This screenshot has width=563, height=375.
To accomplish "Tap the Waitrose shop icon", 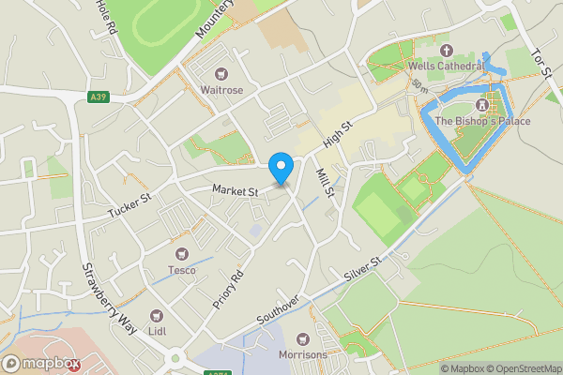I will [x=221, y=73].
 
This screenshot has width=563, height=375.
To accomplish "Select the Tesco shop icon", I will [x=182, y=254].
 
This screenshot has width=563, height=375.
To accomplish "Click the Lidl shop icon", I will [x=157, y=316].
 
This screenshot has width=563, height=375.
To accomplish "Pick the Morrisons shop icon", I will [x=302, y=338].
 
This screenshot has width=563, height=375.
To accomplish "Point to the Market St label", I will [x=235, y=190].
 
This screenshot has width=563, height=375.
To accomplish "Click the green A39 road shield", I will [x=99, y=97].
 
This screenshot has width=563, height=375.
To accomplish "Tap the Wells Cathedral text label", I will [x=446, y=67].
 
